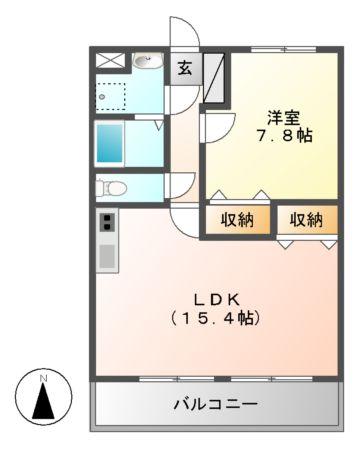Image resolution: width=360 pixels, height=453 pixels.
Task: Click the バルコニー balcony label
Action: (215, 405)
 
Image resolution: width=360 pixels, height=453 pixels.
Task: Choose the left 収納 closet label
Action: (238, 220)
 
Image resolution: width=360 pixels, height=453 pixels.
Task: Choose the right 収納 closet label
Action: (306, 220)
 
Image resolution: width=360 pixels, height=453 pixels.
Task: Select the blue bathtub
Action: (111, 142)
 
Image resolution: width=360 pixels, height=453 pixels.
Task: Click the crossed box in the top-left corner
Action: (111, 60)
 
